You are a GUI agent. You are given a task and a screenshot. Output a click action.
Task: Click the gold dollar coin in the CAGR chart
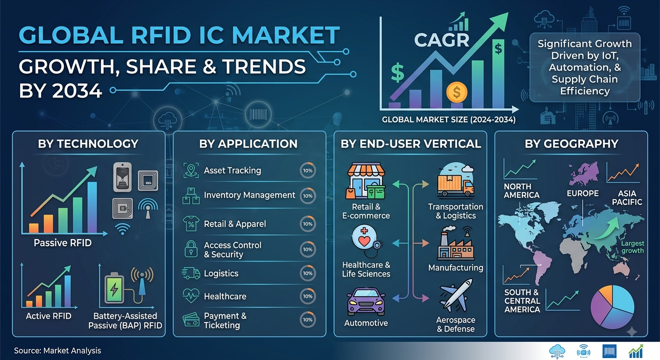pyautogui.click(x=457, y=92)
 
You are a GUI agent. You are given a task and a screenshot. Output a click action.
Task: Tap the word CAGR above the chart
pyautogui.click(x=442, y=40)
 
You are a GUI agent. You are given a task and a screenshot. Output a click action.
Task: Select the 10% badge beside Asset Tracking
pyautogui.click(x=307, y=171)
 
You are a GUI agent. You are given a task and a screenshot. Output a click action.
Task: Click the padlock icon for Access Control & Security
pyautogui.click(x=191, y=249)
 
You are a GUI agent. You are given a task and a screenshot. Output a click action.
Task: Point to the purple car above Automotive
pyautogui.click(x=366, y=302)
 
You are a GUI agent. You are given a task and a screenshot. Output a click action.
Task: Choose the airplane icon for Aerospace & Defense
pyautogui.click(x=456, y=295)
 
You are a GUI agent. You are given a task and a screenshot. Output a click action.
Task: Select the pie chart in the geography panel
pyautogui.click(x=612, y=307)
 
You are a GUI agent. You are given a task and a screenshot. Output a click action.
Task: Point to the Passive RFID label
pyautogui.click(x=62, y=243)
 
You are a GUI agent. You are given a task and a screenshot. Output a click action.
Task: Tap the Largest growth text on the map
pyautogui.click(x=633, y=247)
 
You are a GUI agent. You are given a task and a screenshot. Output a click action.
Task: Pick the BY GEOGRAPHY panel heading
pyautogui.click(x=571, y=144)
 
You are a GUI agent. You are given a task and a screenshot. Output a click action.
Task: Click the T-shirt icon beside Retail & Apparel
pyautogui.click(x=191, y=224)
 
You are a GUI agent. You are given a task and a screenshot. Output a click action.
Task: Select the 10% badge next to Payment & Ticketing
pyautogui.click(x=307, y=320)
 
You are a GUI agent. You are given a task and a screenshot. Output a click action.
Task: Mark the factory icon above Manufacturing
pyautogui.click(x=456, y=243)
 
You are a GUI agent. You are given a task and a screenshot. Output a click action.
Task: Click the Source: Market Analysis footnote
pyautogui.click(x=58, y=351)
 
